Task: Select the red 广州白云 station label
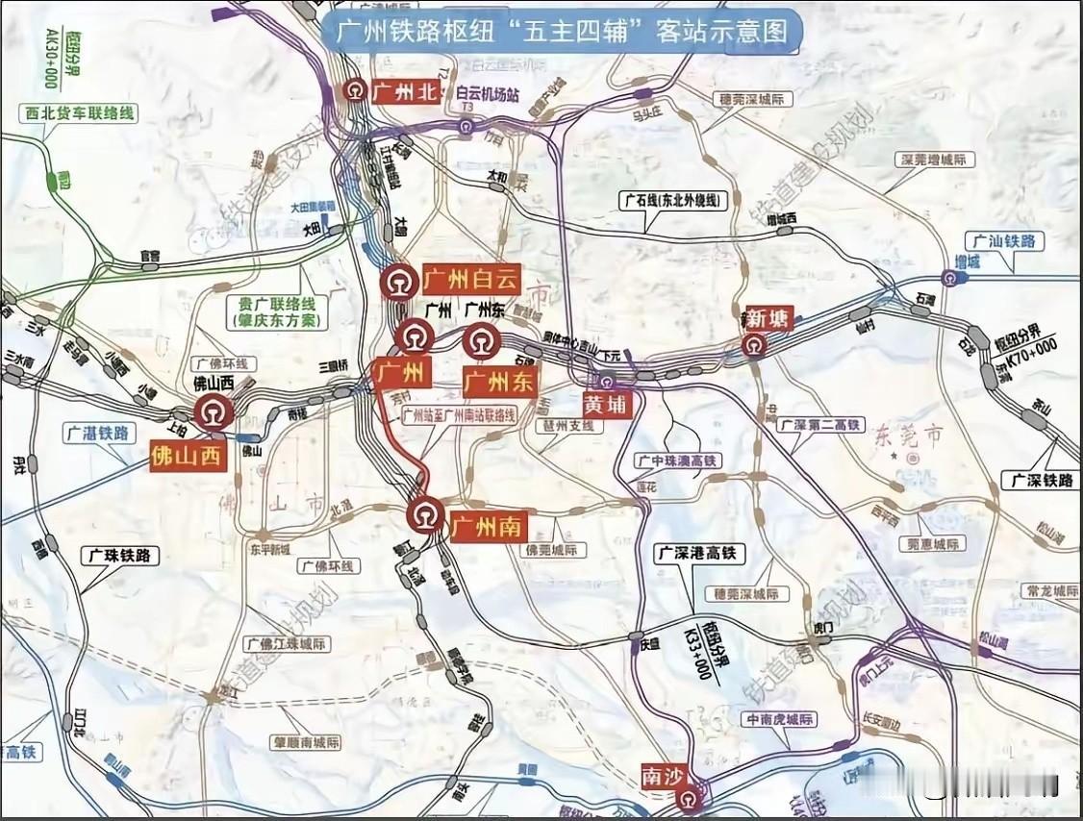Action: pyautogui.click(x=470, y=281)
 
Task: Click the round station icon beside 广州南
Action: pyautogui.click(x=424, y=515)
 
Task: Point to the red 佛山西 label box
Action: pyautogui.click(x=189, y=456)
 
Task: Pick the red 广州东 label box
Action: pyautogui.click(x=498, y=381)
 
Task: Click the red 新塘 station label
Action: pyautogui.click(x=769, y=317)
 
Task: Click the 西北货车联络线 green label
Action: pyautogui.click(x=78, y=113)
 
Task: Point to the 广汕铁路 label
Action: pyautogui.click(x=1007, y=241)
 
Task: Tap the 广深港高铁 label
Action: pyautogui.click(x=699, y=553)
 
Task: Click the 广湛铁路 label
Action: pyautogui.click(x=98, y=433)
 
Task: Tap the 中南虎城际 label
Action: pyautogui.click(x=780, y=719)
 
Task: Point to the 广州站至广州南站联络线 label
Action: pyautogui.click(x=460, y=416)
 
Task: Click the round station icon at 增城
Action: pyautogui.click(x=949, y=279)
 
